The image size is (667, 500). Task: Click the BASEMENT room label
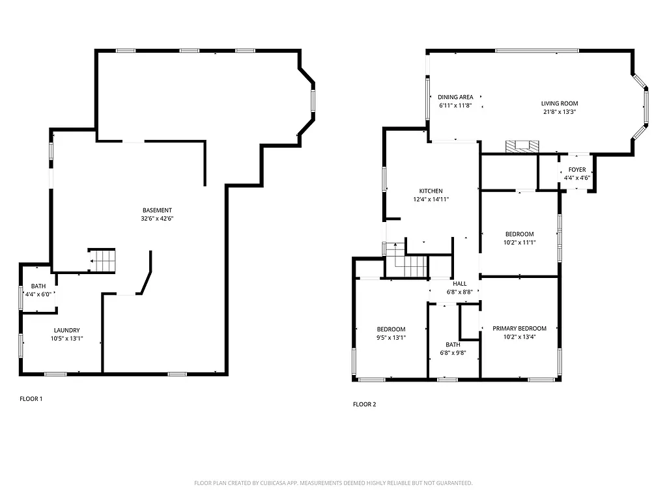click(157, 210)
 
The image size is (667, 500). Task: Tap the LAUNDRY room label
click(66, 330)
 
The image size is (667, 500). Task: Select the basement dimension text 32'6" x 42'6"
click(157, 219)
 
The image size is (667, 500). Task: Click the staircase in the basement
click(103, 260)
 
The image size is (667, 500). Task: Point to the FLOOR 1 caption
click(31, 398)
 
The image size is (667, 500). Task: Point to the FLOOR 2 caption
click(364, 404)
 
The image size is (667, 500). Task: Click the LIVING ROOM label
click(559, 104)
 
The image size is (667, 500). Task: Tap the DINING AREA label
click(455, 97)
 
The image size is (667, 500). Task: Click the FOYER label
click(576, 169)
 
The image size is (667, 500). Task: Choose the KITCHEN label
click(431, 191)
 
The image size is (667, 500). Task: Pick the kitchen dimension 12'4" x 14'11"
click(431, 199)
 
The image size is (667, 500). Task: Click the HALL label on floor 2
click(460, 284)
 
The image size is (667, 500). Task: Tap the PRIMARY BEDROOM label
click(519, 329)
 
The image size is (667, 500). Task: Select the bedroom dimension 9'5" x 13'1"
click(391, 338)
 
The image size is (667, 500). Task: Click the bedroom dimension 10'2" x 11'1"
click(519, 242)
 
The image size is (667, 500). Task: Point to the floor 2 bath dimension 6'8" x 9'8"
click(453, 354)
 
